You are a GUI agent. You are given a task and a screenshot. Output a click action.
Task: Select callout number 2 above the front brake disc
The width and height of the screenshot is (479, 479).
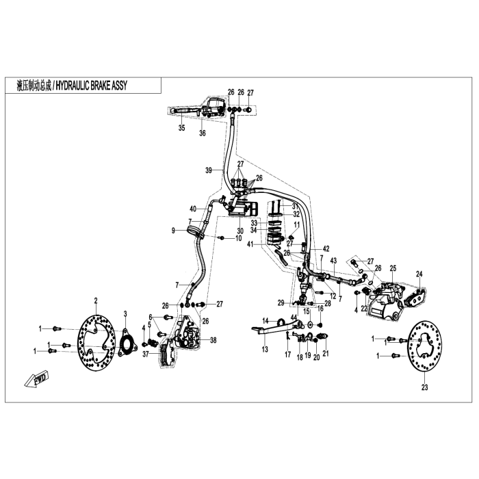(x=96, y=300)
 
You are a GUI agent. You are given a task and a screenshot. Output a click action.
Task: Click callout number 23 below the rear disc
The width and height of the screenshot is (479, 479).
(x=424, y=388)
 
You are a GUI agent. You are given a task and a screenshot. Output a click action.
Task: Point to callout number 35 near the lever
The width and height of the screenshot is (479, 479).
(x=181, y=128)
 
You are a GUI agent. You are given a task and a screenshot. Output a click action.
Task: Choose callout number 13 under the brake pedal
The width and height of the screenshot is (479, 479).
(x=265, y=349)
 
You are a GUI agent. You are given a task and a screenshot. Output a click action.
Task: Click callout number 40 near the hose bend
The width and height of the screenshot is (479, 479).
(x=193, y=208)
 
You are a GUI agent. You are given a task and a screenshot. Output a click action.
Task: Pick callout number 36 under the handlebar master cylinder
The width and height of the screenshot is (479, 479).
(x=203, y=133)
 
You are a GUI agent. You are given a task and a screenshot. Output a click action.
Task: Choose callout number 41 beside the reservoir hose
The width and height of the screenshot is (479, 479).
(x=250, y=244)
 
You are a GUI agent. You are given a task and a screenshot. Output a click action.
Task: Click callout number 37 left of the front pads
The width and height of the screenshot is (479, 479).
(x=145, y=354)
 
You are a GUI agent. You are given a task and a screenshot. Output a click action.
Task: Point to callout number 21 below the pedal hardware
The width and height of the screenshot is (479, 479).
(x=326, y=354)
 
